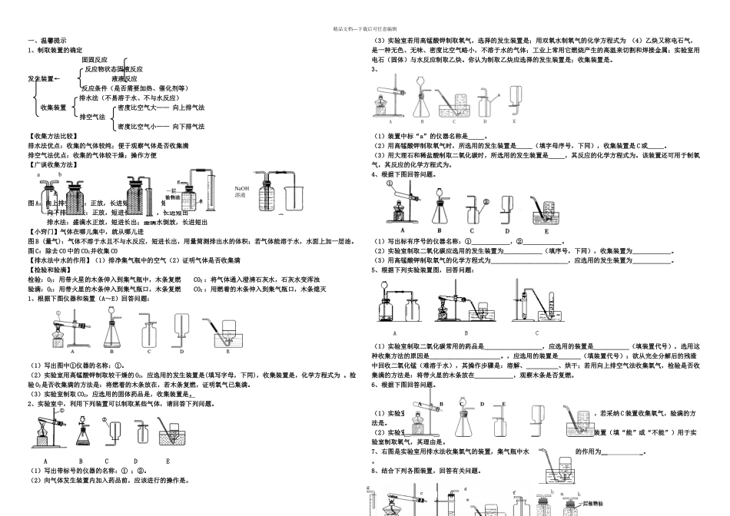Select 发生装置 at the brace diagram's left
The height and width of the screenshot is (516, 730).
pos(41,79)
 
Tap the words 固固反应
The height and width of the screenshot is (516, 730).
pos(95,59)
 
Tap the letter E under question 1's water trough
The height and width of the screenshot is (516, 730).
pos(228,352)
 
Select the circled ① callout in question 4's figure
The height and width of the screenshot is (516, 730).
pos(390,184)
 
